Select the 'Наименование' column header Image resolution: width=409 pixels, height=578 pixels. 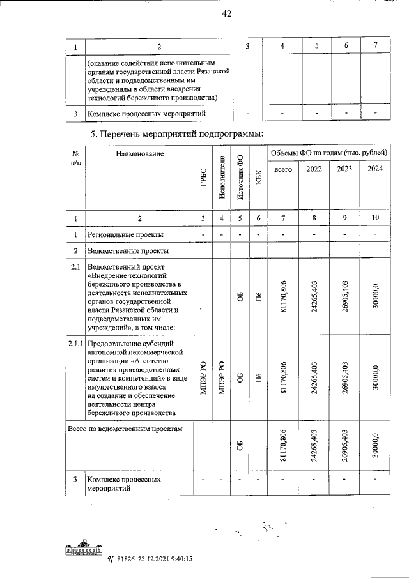(x=140, y=154)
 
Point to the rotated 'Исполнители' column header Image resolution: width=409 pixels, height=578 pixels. (x=222, y=176)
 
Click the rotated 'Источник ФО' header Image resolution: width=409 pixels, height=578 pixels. (x=240, y=176)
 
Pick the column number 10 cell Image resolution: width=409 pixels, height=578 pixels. (x=374, y=218)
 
